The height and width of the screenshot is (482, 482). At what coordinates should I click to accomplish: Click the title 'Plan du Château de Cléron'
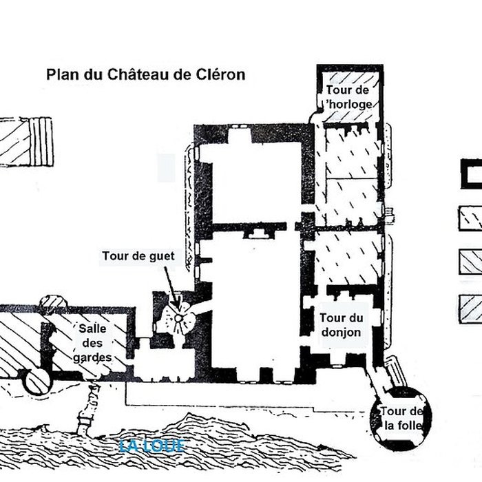(145, 74)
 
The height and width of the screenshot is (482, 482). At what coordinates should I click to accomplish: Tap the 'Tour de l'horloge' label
(350, 97)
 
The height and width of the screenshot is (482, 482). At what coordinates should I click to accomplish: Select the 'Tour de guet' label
(138, 257)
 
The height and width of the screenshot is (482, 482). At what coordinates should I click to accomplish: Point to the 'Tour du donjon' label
(342, 324)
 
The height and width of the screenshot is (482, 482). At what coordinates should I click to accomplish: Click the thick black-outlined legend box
(472, 173)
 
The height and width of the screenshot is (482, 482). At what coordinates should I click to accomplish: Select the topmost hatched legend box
(471, 218)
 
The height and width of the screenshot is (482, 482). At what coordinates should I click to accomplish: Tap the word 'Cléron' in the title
(222, 74)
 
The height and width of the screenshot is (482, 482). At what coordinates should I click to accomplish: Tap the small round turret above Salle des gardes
(54, 302)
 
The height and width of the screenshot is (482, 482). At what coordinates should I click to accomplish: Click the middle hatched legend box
(471, 262)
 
